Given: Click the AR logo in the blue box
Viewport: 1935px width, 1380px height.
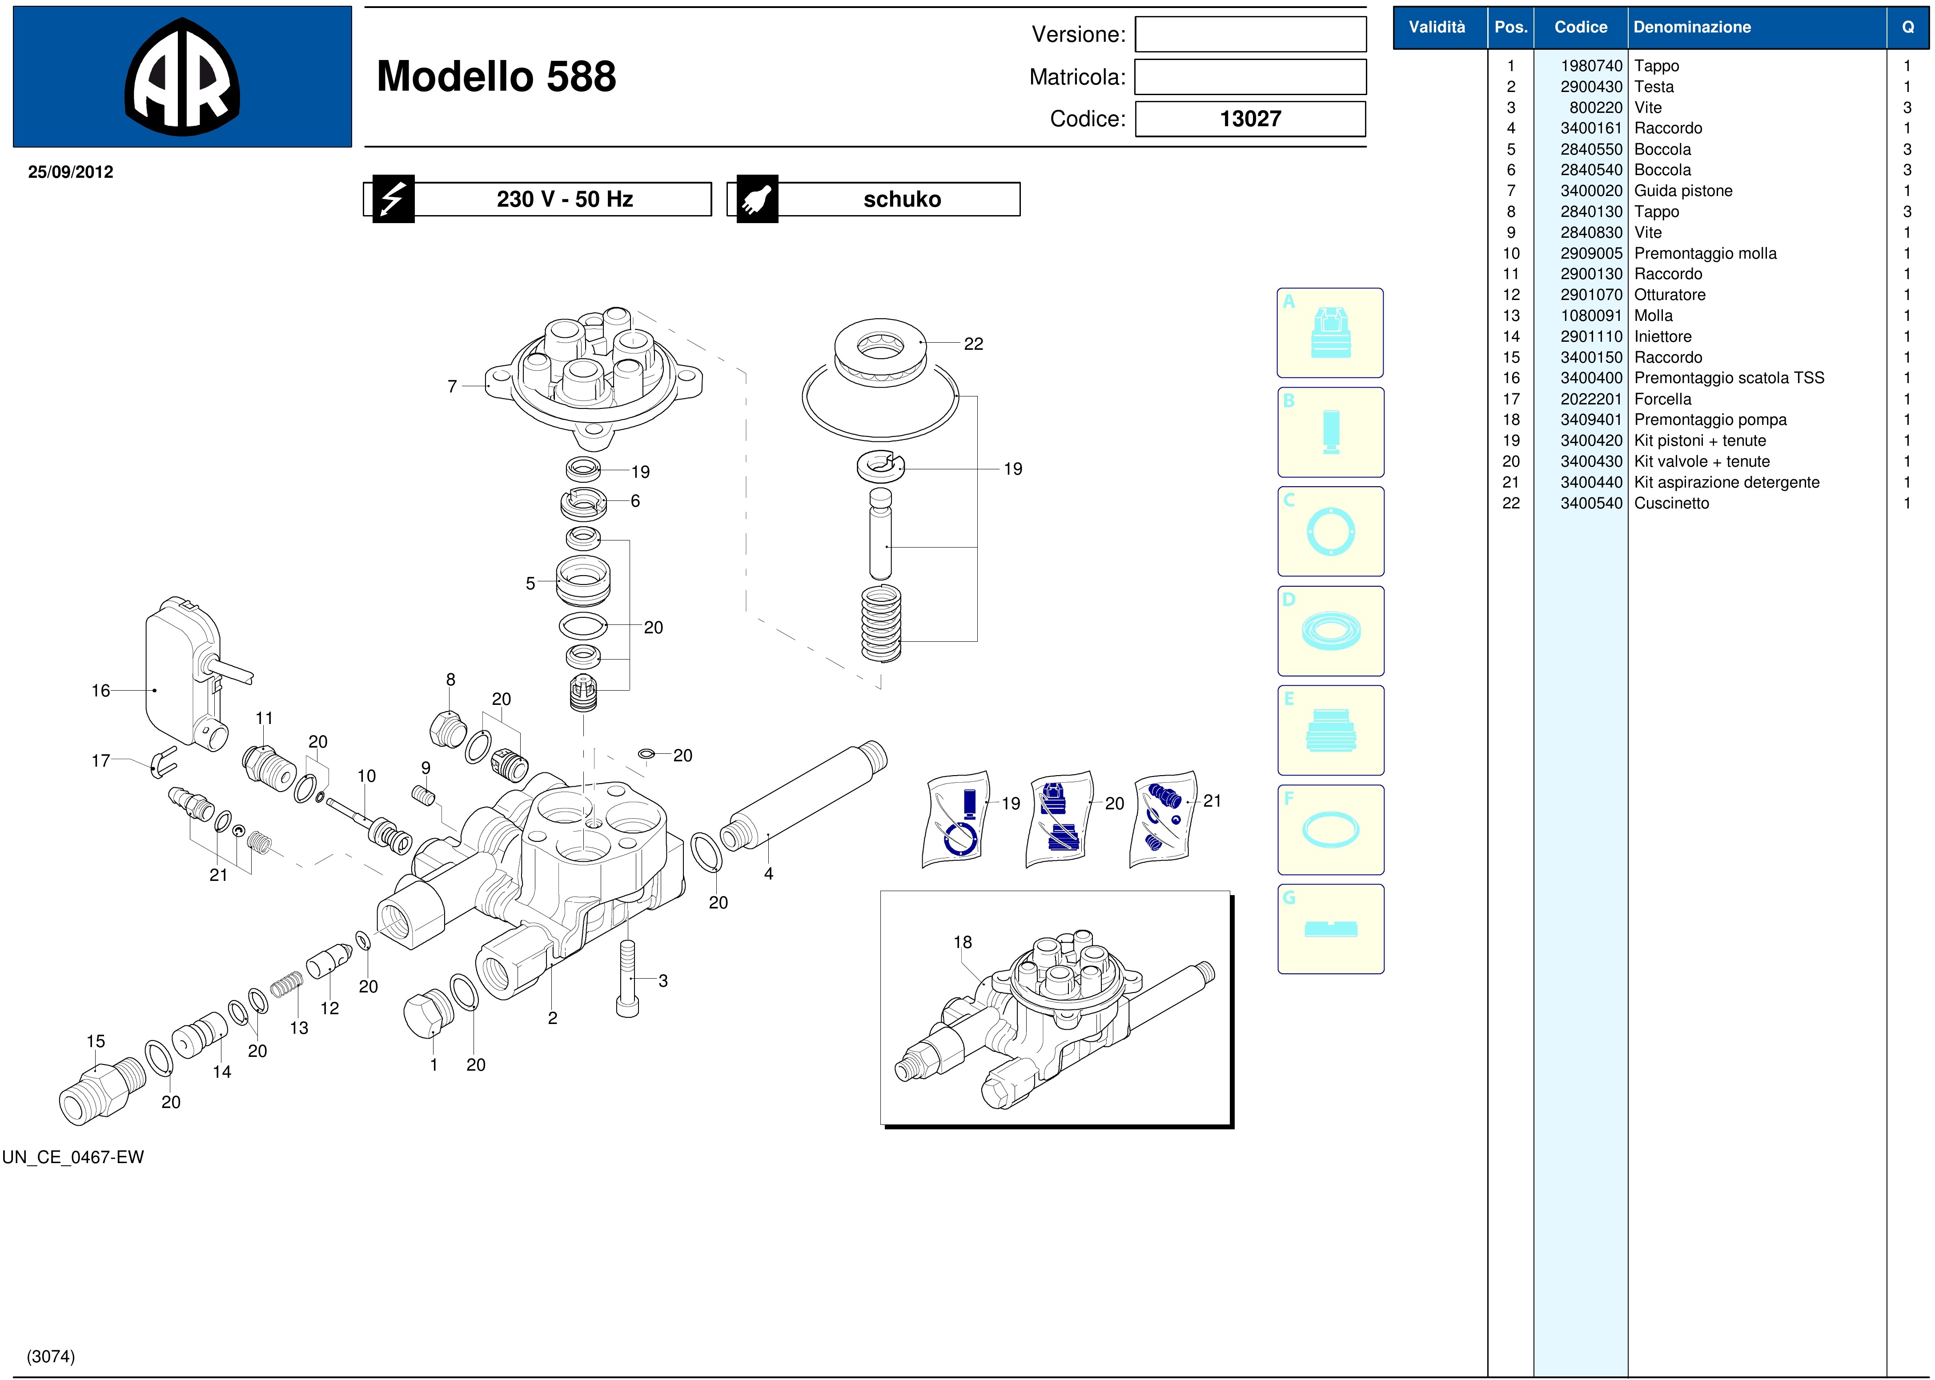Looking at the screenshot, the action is pyautogui.click(x=182, y=76).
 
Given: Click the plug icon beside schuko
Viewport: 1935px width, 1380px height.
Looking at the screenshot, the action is pyautogui.click(x=757, y=199).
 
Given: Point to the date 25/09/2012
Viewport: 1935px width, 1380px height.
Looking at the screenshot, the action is pyautogui.click(x=71, y=172).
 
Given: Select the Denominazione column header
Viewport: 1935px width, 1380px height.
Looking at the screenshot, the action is pyautogui.click(x=1692, y=27).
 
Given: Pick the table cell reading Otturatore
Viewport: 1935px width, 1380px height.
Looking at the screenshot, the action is pyautogui.click(x=1670, y=295).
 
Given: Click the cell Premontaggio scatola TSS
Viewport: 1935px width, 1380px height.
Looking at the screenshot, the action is pyautogui.click(x=1729, y=378).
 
